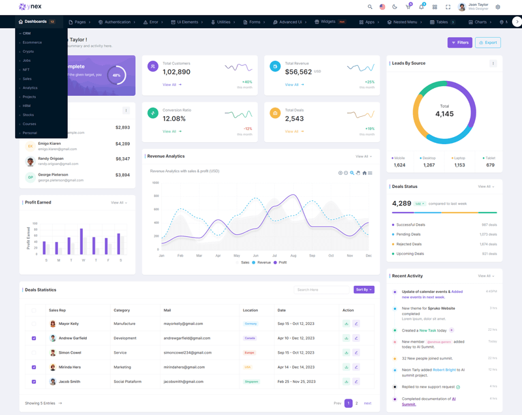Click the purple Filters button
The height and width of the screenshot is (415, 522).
pyautogui.click(x=459, y=42)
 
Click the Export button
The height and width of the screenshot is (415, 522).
pyautogui.click(x=488, y=42)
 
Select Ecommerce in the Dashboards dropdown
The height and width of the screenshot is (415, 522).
pyautogui.click(x=32, y=42)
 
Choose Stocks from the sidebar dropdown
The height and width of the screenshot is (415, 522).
pyautogui.click(x=28, y=115)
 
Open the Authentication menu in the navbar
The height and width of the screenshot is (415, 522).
pyautogui.click(x=117, y=22)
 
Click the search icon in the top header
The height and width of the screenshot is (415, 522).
pyautogui.click(x=370, y=7)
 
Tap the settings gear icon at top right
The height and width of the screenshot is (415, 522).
pyautogui.click(x=498, y=7)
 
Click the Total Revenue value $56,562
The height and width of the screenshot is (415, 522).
pyautogui.click(x=298, y=72)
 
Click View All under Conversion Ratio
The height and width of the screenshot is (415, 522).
pyautogui.click(x=172, y=131)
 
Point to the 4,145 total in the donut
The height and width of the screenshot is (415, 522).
pyautogui.click(x=444, y=114)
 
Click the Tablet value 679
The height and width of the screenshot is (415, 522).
pyautogui.click(x=490, y=165)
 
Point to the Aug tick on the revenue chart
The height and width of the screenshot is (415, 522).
pyautogui.click(x=293, y=256)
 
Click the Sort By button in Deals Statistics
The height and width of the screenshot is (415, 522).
pyautogui.click(x=363, y=290)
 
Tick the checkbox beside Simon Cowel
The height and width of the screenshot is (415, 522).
pyautogui.click(x=34, y=352)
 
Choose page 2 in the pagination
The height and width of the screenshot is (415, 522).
pyautogui.click(x=356, y=403)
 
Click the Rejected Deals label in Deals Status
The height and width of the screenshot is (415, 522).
pyautogui.click(x=410, y=244)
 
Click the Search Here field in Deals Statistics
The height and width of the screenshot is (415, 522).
pyautogui.click(x=321, y=290)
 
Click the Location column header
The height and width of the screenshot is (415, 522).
pyautogui.click(x=251, y=310)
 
